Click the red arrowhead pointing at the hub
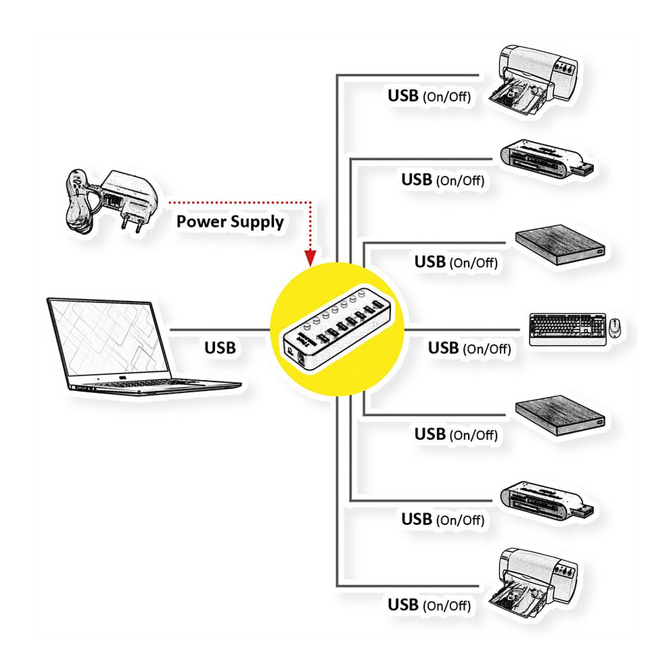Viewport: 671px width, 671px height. coord(310,258)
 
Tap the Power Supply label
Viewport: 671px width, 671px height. coord(230,222)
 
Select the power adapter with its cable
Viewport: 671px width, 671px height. coord(112,200)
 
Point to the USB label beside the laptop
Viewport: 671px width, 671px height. coord(221,348)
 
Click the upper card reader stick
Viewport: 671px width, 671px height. coord(547,160)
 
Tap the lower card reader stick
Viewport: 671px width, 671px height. coord(547,500)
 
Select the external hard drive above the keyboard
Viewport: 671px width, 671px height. coord(560,247)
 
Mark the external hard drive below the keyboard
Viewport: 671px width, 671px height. coord(560,418)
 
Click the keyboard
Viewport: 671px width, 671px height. coord(565,328)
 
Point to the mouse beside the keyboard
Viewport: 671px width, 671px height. coord(614,327)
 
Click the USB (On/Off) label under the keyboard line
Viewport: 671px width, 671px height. coord(469,348)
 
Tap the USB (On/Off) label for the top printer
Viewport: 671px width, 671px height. coord(429,96)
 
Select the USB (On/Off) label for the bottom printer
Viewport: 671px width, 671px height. coord(429,605)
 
